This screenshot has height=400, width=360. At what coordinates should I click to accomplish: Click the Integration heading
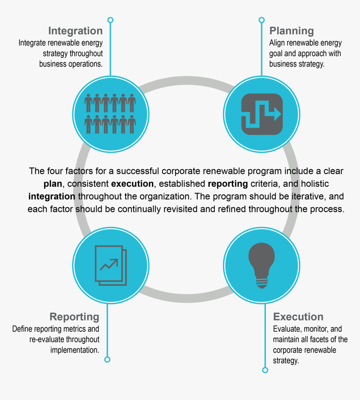pos(75,31)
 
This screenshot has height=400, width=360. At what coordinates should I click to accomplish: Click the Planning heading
pos(291,31)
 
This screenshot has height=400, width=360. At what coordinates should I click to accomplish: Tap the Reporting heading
pos(75,317)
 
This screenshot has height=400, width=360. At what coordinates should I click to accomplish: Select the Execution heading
pos(298,317)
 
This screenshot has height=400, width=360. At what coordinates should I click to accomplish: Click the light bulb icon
pos(262,265)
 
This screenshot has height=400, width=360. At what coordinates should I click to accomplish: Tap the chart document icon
pos(111,265)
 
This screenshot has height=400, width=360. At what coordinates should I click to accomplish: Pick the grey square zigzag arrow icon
pos(262,114)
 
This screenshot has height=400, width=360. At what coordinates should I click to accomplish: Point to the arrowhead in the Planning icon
pos(278,114)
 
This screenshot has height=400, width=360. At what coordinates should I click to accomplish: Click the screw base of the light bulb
pos(262,283)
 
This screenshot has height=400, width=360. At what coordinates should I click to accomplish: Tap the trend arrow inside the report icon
pos(109,264)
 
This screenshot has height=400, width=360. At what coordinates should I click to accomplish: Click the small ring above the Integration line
pos(111,20)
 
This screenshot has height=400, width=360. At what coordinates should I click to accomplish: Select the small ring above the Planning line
pos(262,20)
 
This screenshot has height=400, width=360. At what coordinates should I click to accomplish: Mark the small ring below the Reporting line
pos(107,359)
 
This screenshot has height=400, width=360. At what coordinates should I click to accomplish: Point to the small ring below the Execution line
pos(265,370)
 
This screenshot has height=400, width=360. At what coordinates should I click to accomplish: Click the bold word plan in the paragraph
pos(53,184)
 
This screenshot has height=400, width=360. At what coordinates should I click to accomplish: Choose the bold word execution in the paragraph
pos(132,184)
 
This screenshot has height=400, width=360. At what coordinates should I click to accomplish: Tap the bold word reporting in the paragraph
pos(228,184)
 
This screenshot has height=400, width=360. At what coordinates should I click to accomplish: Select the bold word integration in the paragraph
pos(52,197)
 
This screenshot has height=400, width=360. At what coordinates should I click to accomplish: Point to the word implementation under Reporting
pos(75,350)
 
